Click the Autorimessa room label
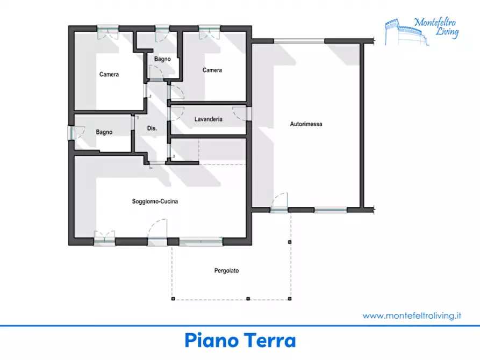(306, 124)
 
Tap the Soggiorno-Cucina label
(155, 201)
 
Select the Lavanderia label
(208, 119)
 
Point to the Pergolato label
(226, 271)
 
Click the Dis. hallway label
(152, 128)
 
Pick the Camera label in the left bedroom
(109, 74)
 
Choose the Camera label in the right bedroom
(212, 70)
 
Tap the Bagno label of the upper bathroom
(162, 59)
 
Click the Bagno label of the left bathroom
(104, 132)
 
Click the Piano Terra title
(240, 341)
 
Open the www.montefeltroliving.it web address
(412, 315)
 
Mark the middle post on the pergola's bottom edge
(248, 298)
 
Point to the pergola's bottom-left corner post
(173, 298)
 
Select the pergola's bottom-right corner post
(290, 298)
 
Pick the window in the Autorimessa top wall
(299, 41)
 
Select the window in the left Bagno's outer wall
(71, 133)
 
